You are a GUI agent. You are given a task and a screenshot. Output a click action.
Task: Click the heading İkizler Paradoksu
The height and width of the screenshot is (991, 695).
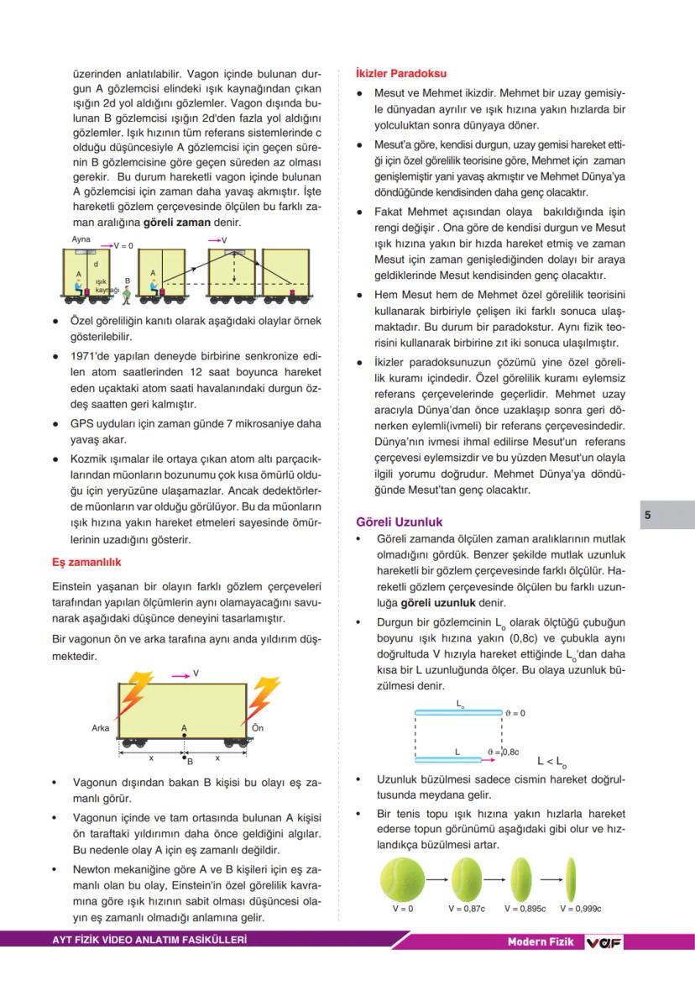[401, 74]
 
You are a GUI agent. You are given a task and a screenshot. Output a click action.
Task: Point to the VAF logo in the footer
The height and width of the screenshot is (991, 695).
[604, 942]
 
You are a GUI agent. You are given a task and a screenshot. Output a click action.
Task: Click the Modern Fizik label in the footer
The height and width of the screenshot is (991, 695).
[541, 942]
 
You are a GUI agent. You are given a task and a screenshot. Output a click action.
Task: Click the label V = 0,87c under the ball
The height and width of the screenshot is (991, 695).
[467, 909]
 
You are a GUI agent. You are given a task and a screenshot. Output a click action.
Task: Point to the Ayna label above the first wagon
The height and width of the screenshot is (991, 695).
[81, 239]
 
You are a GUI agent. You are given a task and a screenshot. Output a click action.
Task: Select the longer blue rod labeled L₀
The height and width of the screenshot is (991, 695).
[458, 712]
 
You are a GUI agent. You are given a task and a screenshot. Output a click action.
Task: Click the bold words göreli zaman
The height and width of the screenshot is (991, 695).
[177, 223]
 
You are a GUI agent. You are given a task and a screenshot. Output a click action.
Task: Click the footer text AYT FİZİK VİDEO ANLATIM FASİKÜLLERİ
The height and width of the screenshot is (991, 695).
[149, 941]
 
